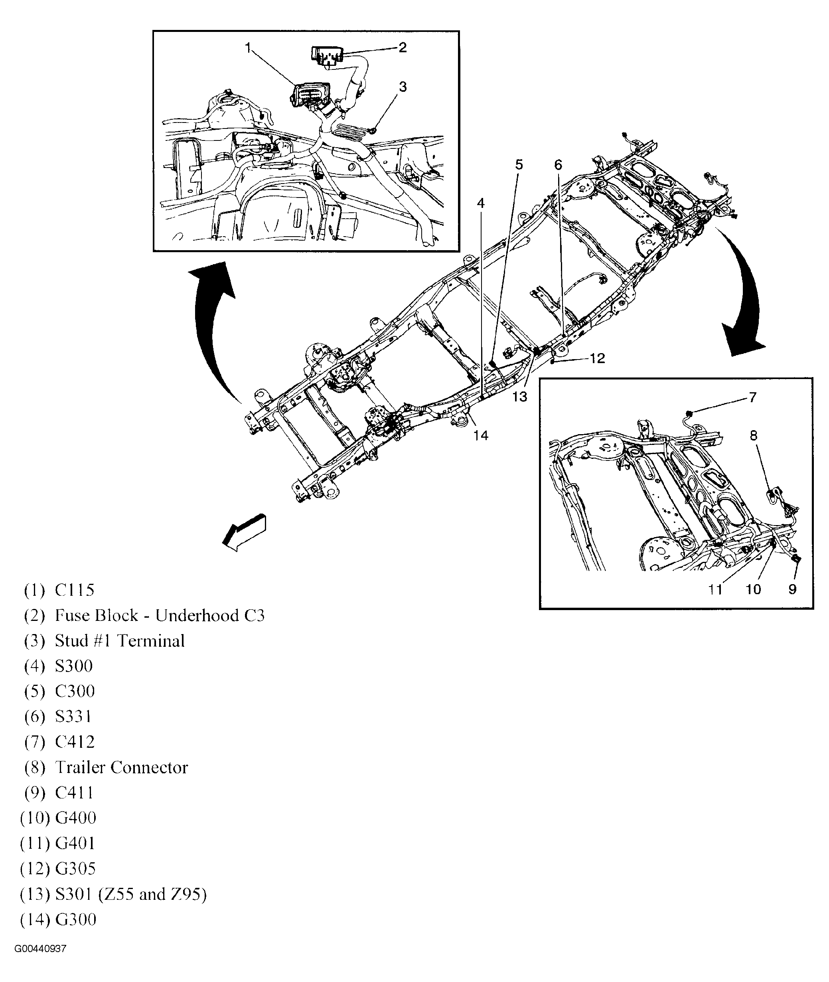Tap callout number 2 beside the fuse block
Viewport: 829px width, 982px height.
click(402, 47)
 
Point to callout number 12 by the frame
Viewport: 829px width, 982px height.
click(597, 358)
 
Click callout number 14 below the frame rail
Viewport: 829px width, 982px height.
click(480, 435)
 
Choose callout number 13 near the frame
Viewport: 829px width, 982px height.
click(519, 397)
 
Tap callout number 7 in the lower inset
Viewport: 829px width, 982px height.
click(752, 398)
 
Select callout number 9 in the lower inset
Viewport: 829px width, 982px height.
click(792, 589)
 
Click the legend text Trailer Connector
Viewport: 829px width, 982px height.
click(121, 768)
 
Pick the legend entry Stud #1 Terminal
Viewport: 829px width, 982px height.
click(119, 641)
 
